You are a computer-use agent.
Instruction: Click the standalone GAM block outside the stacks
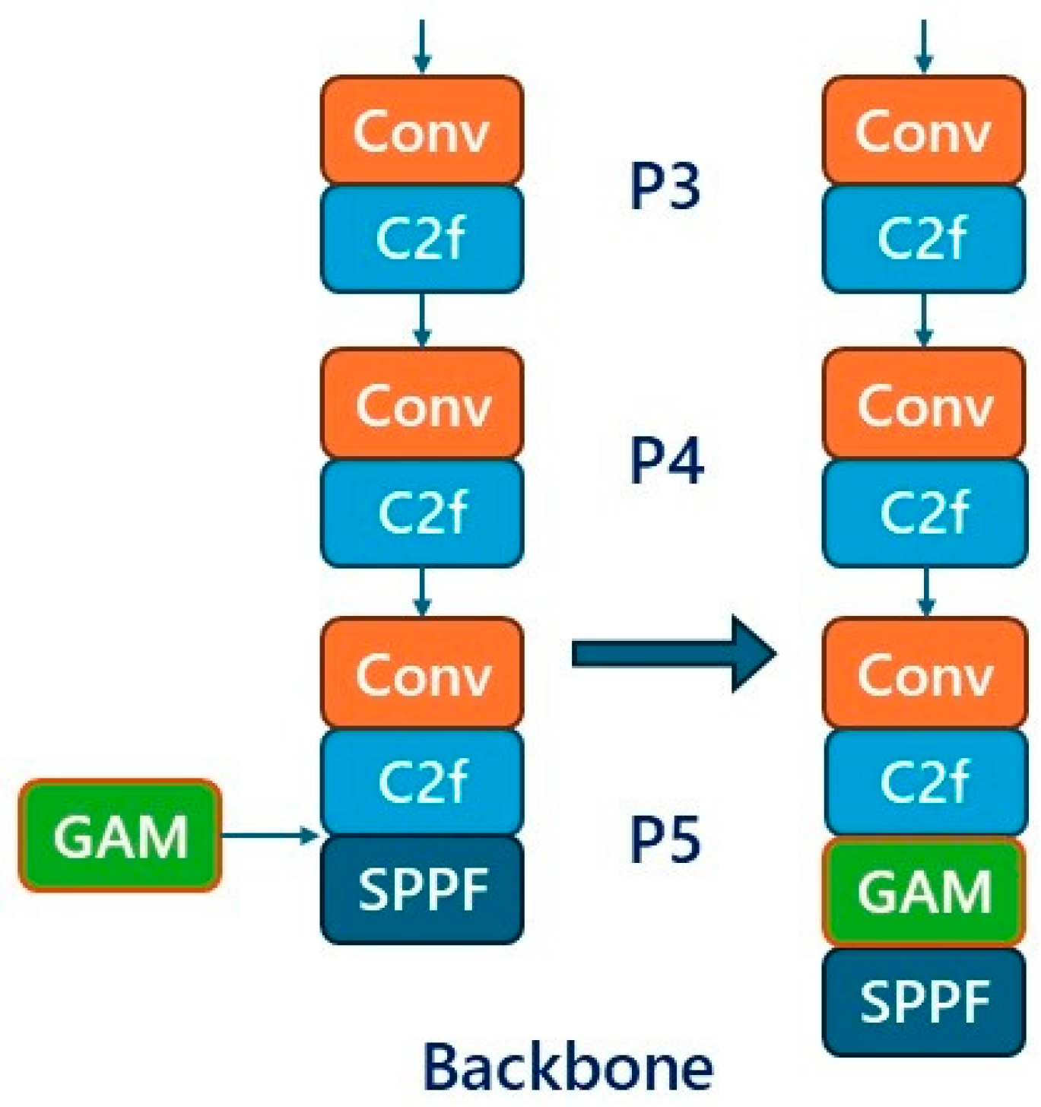coord(120,836)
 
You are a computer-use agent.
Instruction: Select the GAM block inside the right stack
coord(924,891)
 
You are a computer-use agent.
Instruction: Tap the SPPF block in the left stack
coord(422,889)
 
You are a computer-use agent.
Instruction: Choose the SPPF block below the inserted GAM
coord(924,1001)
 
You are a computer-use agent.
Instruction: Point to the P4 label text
coord(666,459)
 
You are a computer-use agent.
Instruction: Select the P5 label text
coord(665,839)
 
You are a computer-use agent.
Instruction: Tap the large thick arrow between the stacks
coord(673,653)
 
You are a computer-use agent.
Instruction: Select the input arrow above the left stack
coord(421,46)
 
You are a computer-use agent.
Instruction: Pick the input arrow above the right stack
coord(923,46)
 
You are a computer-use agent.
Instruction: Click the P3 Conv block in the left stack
coord(422,131)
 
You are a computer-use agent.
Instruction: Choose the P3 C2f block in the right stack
coord(924,238)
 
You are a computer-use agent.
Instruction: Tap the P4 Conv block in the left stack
coord(422,404)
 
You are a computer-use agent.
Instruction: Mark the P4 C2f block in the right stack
coord(924,512)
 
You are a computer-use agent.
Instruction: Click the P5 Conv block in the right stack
coord(924,674)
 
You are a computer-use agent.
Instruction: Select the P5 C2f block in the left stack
coord(422,781)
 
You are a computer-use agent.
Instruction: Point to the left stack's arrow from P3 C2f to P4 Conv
coord(421,319)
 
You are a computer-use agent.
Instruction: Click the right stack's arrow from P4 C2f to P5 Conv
coord(925,592)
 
